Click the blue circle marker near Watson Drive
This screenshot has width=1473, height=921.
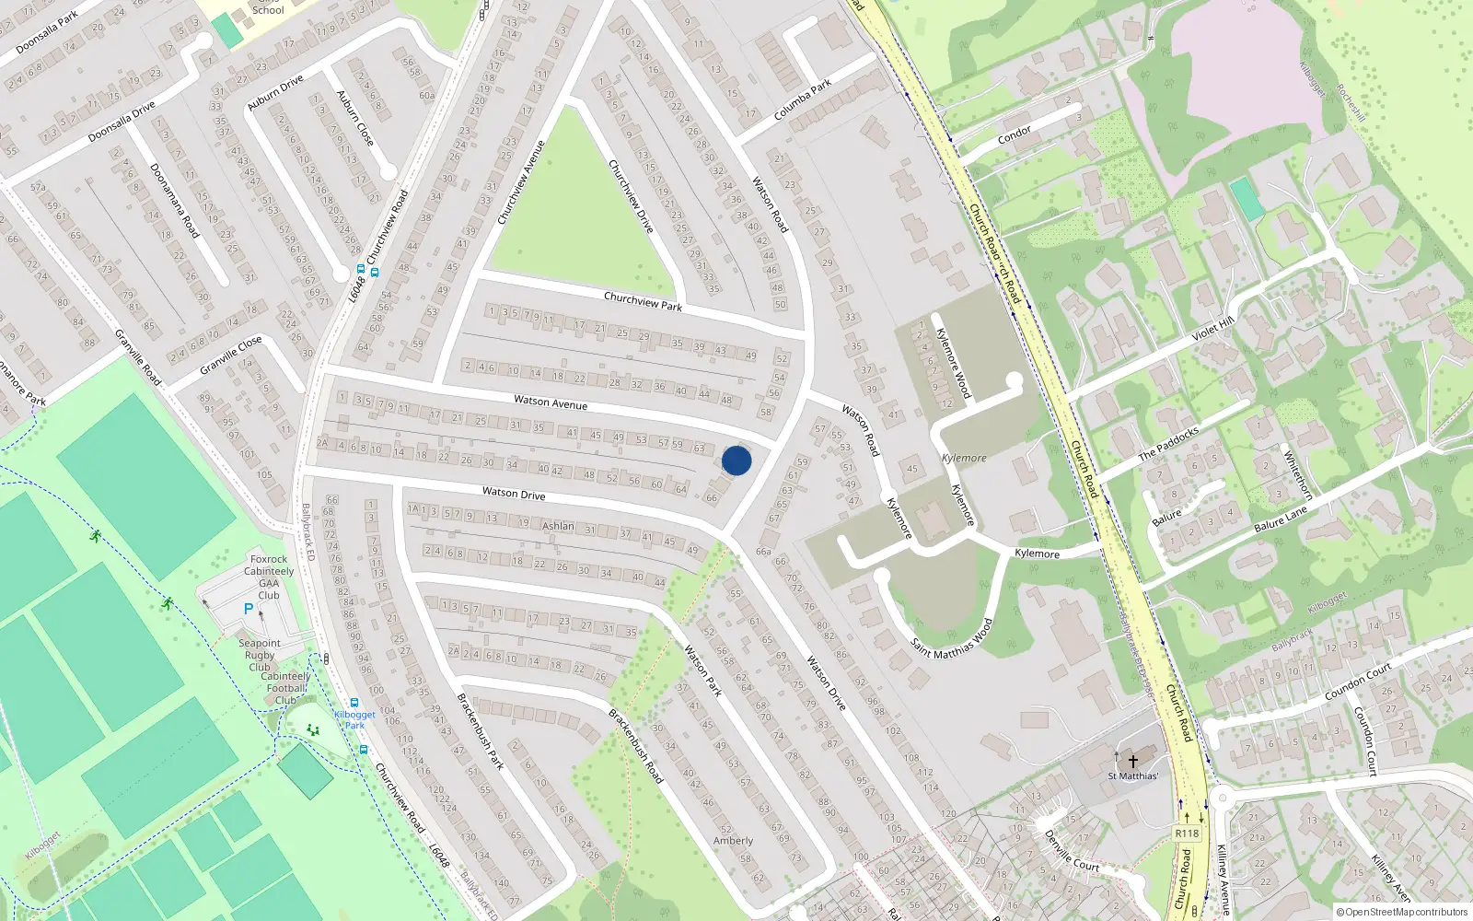click(x=736, y=460)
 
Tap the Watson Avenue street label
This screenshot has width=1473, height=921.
click(x=551, y=402)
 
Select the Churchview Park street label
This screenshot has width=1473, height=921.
click(x=643, y=301)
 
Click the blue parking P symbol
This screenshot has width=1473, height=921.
click(x=248, y=609)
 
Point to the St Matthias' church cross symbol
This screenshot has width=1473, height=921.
click(x=1133, y=761)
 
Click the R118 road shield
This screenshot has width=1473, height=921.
click(x=1187, y=834)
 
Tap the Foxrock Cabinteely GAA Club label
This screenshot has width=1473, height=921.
click(x=269, y=577)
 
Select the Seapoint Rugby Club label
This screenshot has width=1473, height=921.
click(x=260, y=655)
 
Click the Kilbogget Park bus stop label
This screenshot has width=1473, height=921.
click(x=354, y=719)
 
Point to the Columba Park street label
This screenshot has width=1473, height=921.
click(x=803, y=99)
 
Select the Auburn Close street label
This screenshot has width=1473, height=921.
click(x=355, y=118)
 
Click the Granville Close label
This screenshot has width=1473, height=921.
click(x=231, y=356)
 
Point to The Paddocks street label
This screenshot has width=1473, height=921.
click(x=1168, y=443)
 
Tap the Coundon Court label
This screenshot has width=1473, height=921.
click(x=1359, y=682)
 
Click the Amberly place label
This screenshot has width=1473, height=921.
click(x=733, y=841)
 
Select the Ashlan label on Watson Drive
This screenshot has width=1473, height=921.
click(x=558, y=526)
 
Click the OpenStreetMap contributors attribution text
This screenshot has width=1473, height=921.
click(x=1402, y=912)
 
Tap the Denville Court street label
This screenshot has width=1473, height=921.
click(x=1072, y=851)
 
